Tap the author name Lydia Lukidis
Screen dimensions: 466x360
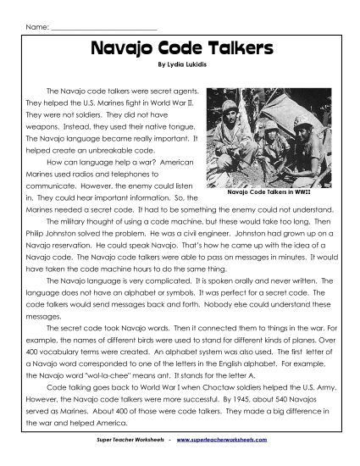[187, 64]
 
